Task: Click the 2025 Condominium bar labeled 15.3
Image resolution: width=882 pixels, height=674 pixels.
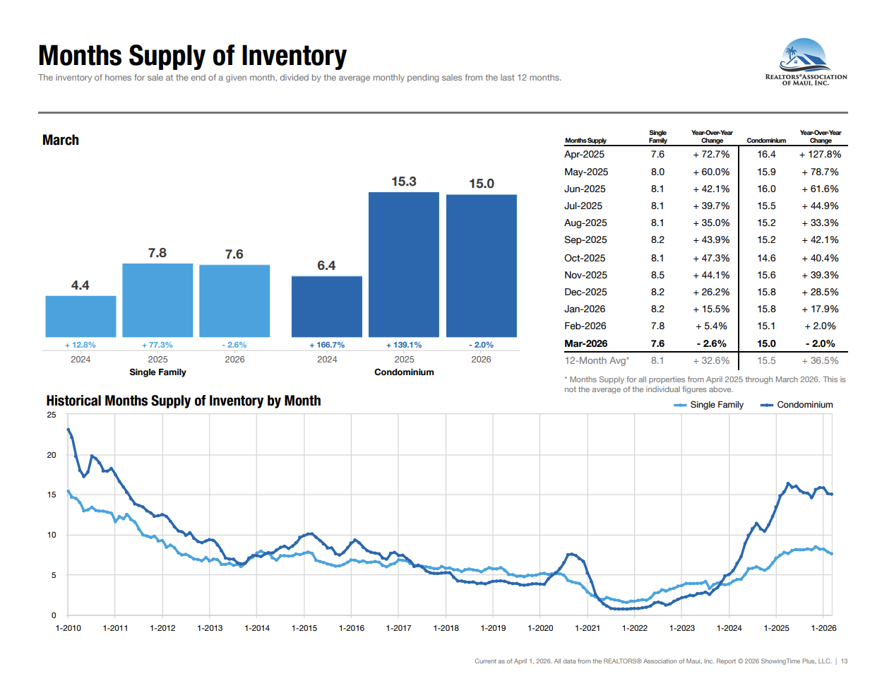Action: coord(403,264)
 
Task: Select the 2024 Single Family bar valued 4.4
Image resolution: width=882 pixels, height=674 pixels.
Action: coord(81,316)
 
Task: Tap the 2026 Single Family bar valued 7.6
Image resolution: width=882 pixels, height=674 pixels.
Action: coord(234,300)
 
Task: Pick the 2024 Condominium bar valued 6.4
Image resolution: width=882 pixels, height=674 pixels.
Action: coord(326,306)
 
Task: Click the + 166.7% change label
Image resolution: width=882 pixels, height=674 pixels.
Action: coord(327,345)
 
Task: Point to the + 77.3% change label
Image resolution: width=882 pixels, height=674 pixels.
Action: coord(157,345)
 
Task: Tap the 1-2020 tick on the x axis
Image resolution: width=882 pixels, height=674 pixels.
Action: coord(540,628)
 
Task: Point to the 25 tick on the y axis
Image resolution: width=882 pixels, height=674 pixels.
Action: coord(52,415)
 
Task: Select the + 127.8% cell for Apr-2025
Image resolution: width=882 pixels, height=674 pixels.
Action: coord(820,154)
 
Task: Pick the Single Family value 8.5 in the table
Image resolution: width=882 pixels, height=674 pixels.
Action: coord(657,275)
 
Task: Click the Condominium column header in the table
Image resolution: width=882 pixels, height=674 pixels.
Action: coord(766,141)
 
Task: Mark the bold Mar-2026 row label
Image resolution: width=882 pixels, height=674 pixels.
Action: coord(585,343)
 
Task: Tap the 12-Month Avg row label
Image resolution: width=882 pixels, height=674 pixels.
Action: coord(596,360)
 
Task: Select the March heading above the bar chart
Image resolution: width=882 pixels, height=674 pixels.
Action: coord(61,140)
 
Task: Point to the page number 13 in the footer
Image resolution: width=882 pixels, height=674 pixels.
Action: coord(844,661)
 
